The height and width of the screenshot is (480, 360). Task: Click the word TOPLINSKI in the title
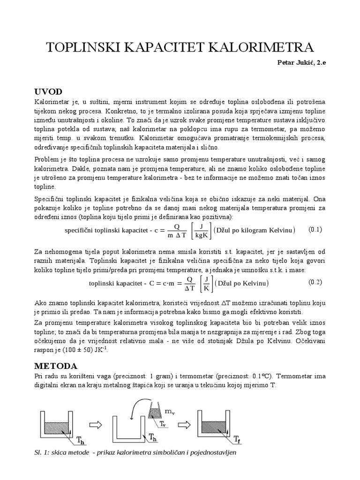click(x=85, y=48)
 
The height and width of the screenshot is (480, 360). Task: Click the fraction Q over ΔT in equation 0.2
click(x=190, y=283)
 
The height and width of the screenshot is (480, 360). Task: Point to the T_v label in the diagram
click(x=162, y=423)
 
